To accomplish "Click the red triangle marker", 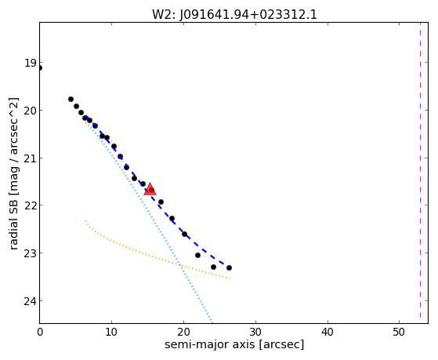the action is [150, 189].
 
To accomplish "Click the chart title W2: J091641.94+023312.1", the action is [234, 15].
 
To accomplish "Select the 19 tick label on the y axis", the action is [30, 63].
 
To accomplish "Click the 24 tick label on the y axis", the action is [30, 301].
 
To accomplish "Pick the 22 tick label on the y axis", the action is [30, 205].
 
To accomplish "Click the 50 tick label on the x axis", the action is [399, 332].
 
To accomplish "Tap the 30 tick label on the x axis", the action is [255, 332].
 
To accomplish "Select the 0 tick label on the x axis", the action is [40, 332].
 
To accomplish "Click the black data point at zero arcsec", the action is [40, 68].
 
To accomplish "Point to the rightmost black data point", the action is [229, 267].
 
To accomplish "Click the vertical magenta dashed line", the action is [420, 170].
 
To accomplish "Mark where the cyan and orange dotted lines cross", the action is [181, 264].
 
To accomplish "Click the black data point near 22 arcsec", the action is [197, 255].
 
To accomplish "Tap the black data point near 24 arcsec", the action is [213, 267].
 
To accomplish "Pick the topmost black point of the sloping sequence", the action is [71, 100].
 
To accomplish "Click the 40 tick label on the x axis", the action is [327, 332].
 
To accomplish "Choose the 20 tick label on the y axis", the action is [30, 111].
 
